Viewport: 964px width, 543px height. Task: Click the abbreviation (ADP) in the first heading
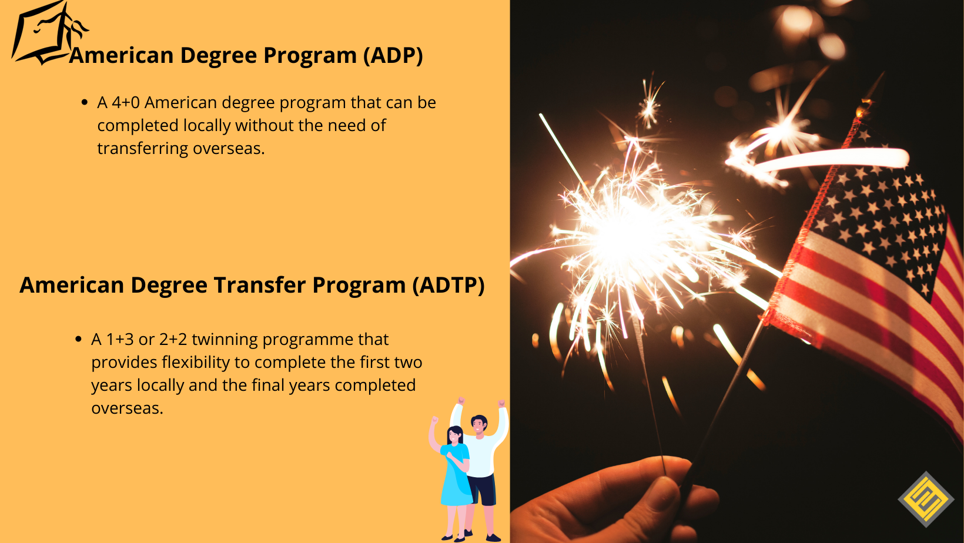(393, 56)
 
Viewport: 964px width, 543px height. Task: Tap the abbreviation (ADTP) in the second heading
(448, 286)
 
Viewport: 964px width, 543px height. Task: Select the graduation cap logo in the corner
(44, 34)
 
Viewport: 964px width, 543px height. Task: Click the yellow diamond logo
(926, 499)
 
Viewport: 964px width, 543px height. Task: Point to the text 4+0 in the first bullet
(126, 103)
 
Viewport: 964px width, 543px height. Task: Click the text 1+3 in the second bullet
(120, 340)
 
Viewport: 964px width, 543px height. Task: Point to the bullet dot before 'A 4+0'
(85, 103)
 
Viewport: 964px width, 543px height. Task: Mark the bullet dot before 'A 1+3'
(79, 339)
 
